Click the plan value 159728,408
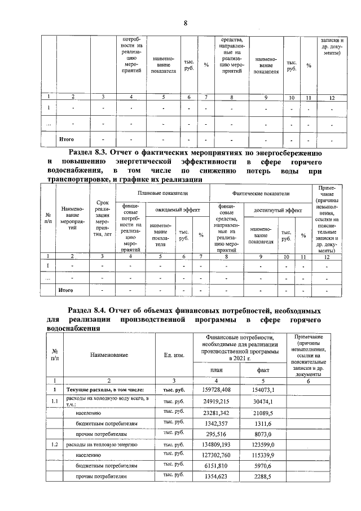216,390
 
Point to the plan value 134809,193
216,446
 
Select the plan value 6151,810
217,466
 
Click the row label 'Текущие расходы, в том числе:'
105,390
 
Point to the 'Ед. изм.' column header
174,355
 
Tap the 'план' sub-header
217,370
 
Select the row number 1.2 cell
55,446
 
